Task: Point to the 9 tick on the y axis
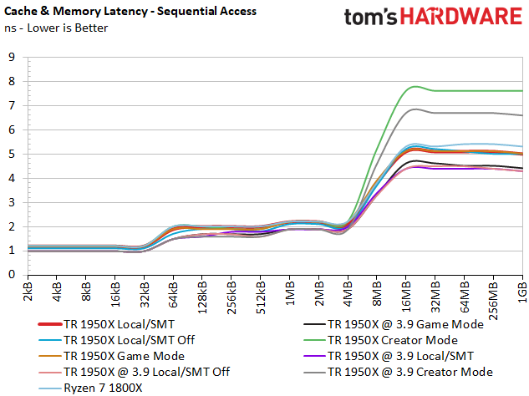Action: click(12, 58)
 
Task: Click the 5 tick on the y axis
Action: click(12, 154)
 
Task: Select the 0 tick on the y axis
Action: click(12, 274)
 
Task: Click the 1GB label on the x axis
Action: click(523, 289)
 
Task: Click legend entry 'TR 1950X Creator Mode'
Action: click(393, 340)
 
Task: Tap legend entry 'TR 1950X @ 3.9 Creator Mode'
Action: click(409, 372)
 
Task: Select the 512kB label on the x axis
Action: click(261, 292)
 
